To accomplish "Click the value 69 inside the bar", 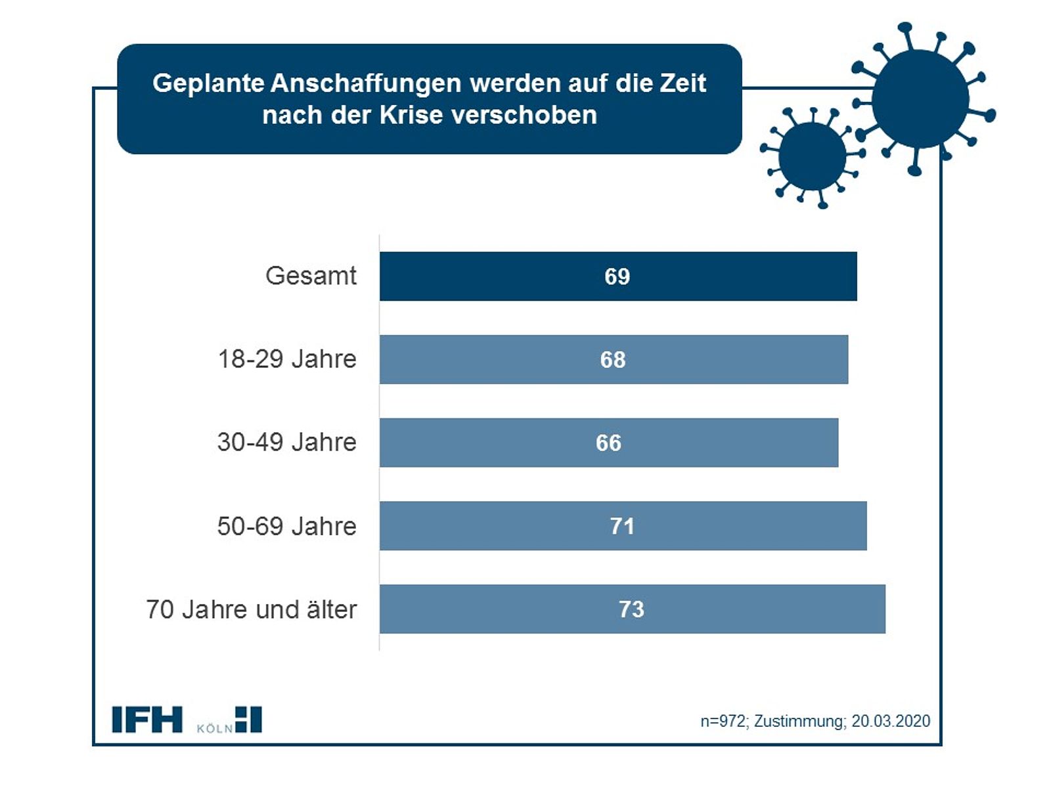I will click(x=617, y=276).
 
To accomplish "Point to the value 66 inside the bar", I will click(x=608, y=443).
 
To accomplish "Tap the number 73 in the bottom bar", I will click(x=631, y=609).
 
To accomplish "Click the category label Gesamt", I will click(x=311, y=276).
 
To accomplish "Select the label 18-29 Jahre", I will click(x=287, y=359).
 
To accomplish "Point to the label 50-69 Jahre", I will click(x=287, y=526).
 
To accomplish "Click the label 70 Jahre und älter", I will click(x=252, y=609).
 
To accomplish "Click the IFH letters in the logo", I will click(x=146, y=720).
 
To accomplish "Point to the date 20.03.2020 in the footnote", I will click(x=891, y=721).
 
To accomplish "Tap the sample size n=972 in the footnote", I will click(x=723, y=721).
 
